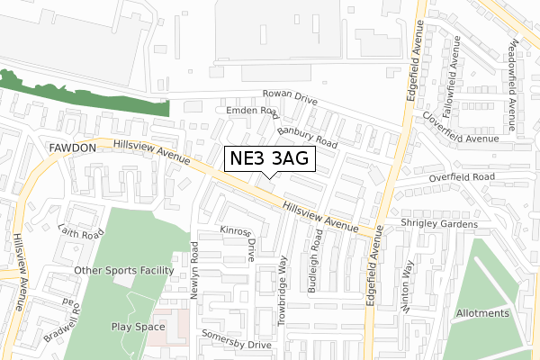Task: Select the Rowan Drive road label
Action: [290, 97]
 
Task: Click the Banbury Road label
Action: [307, 137]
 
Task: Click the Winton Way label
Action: [409, 287]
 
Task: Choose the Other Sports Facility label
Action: [124, 270]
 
